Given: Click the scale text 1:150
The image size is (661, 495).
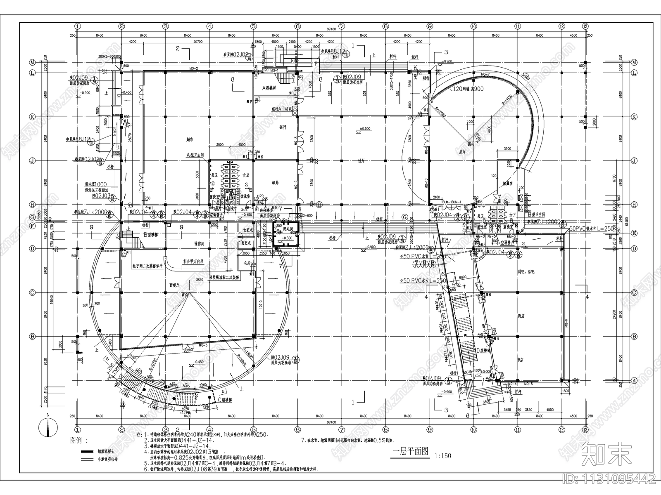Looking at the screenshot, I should [x=442, y=456].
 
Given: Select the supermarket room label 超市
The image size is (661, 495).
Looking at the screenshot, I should [x=190, y=139].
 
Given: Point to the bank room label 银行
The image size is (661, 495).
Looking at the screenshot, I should [x=283, y=127].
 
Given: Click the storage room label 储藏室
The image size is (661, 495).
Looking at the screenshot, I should [x=508, y=183].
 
